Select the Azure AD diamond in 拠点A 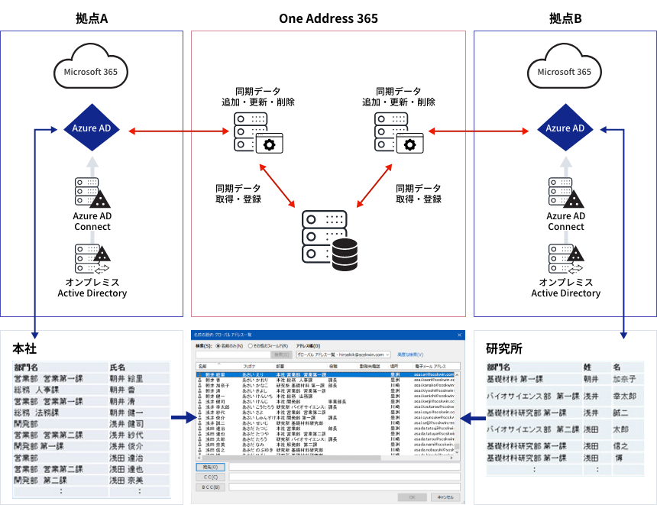pyautogui.click(x=92, y=128)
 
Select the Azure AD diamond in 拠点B pyautogui.click(x=565, y=128)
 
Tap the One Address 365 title pyautogui.click(x=328, y=18)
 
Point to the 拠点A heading pyautogui.click(x=92, y=18)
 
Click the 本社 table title pyautogui.click(x=24, y=348)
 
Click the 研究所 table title pyautogui.click(x=503, y=348)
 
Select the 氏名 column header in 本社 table pyautogui.click(x=118, y=367)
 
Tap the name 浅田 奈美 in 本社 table pyautogui.click(x=126, y=480)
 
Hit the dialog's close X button pyautogui.click(x=458, y=335)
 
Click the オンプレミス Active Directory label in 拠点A pyautogui.click(x=92, y=287)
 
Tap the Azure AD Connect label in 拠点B pyautogui.click(x=565, y=222)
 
